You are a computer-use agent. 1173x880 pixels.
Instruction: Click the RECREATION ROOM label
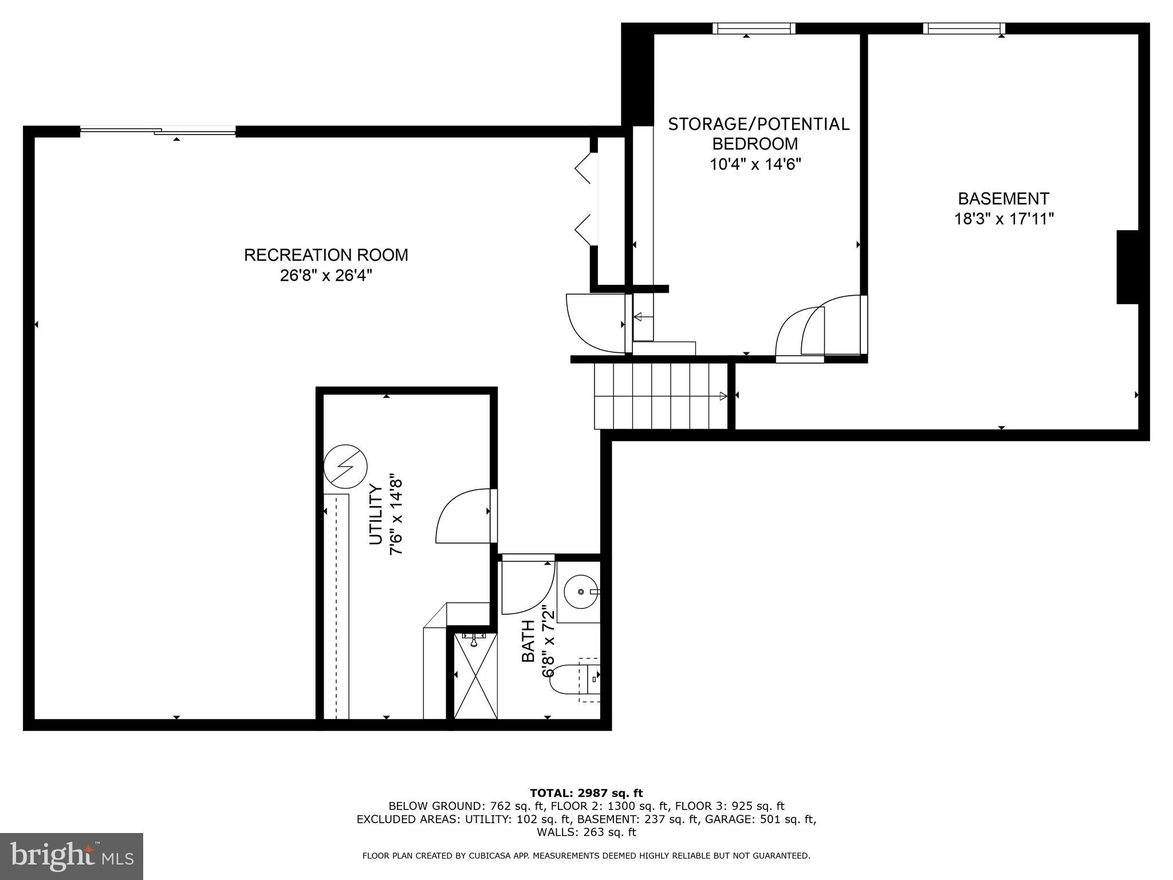(326, 255)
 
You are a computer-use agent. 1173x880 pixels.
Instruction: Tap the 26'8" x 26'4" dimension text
(326, 276)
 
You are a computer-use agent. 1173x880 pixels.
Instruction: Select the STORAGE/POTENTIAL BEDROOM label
(758, 133)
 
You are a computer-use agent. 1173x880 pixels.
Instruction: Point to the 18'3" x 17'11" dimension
(1003, 219)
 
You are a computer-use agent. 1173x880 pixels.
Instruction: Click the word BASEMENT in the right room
(1003, 199)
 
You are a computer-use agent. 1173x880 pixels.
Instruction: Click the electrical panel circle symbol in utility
(345, 465)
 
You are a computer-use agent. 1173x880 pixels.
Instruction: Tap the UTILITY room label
(376, 514)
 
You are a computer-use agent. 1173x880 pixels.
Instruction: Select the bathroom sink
(579, 591)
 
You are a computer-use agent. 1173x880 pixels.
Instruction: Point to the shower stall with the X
(475, 676)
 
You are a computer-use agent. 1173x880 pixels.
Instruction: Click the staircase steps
(659, 396)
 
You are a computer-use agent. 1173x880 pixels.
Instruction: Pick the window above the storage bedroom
(753, 29)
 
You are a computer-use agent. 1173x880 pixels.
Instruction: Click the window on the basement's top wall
(964, 29)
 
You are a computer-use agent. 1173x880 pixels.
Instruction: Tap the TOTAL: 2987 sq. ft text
(586, 793)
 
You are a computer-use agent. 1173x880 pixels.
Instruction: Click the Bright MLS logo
(72, 857)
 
